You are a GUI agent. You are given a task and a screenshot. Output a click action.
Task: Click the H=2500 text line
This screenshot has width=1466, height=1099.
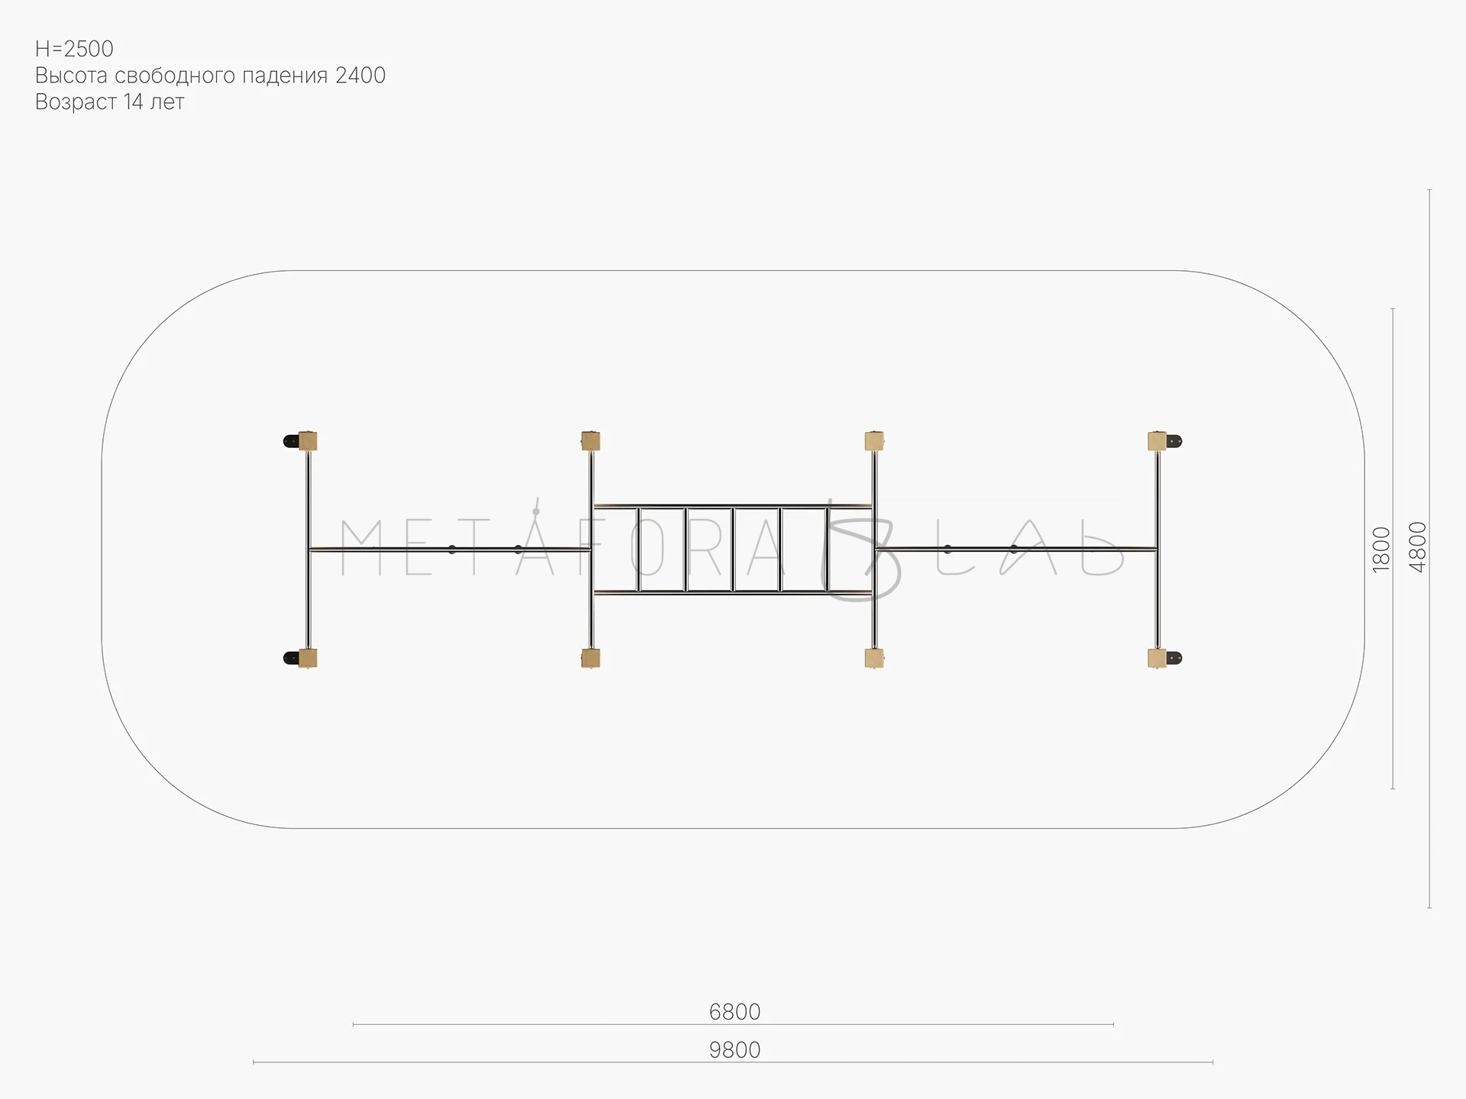coord(74,49)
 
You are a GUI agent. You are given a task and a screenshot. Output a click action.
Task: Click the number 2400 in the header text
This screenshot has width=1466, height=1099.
coord(360,76)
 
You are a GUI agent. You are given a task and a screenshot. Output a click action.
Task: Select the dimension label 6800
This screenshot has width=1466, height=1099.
coord(735,1012)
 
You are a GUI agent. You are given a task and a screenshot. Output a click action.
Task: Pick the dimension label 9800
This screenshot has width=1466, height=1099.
coord(735,1050)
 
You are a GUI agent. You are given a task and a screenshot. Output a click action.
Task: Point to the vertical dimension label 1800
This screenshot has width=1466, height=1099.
coord(1381,549)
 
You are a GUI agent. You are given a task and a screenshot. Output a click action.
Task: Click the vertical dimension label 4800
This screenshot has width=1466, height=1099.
coord(1418,547)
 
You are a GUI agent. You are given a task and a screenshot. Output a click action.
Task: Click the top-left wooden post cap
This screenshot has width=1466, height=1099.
coord(308,441)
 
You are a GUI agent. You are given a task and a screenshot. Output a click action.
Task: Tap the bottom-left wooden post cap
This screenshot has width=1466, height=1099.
coord(308,658)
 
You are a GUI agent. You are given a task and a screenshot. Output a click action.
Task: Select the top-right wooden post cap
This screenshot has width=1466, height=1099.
coord(1158,441)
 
